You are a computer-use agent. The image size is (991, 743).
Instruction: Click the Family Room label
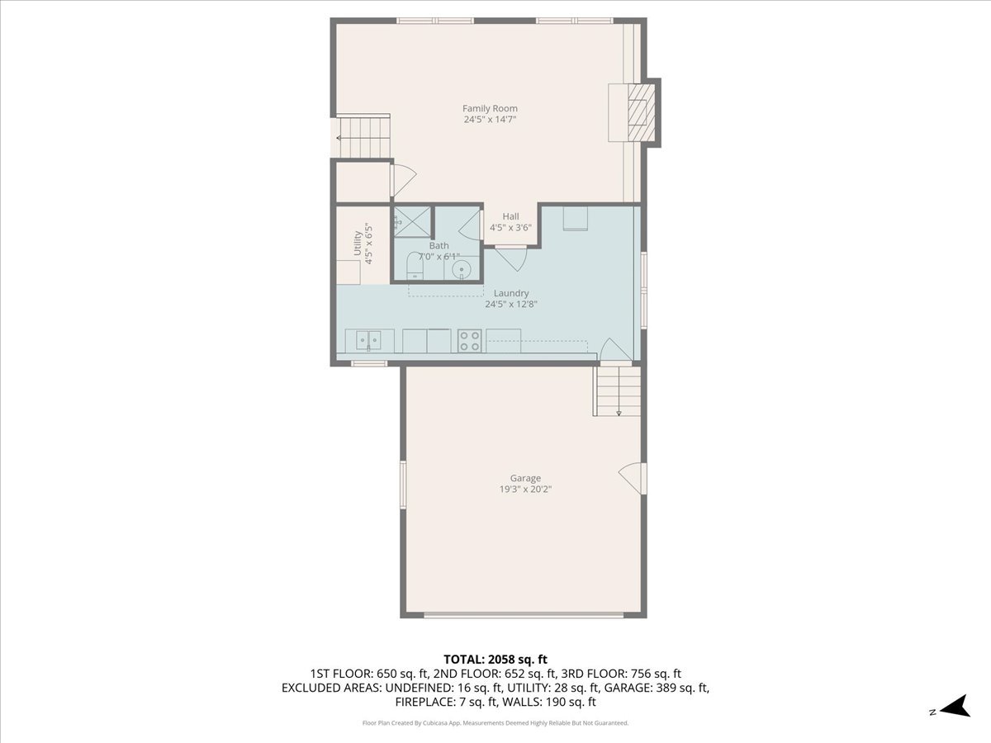pos(490,108)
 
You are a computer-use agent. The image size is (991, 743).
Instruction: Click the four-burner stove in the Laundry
pos(470,341)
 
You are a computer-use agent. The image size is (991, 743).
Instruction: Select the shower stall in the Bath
pos(411,220)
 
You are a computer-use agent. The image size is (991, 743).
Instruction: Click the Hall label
pos(510,216)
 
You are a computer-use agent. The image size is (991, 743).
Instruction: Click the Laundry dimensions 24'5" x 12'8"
pos(511,304)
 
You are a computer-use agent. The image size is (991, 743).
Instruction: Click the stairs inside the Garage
pos(618,391)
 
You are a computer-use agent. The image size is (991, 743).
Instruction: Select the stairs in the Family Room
pos(363,135)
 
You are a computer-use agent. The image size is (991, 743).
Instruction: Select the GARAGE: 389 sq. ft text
pos(664,688)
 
